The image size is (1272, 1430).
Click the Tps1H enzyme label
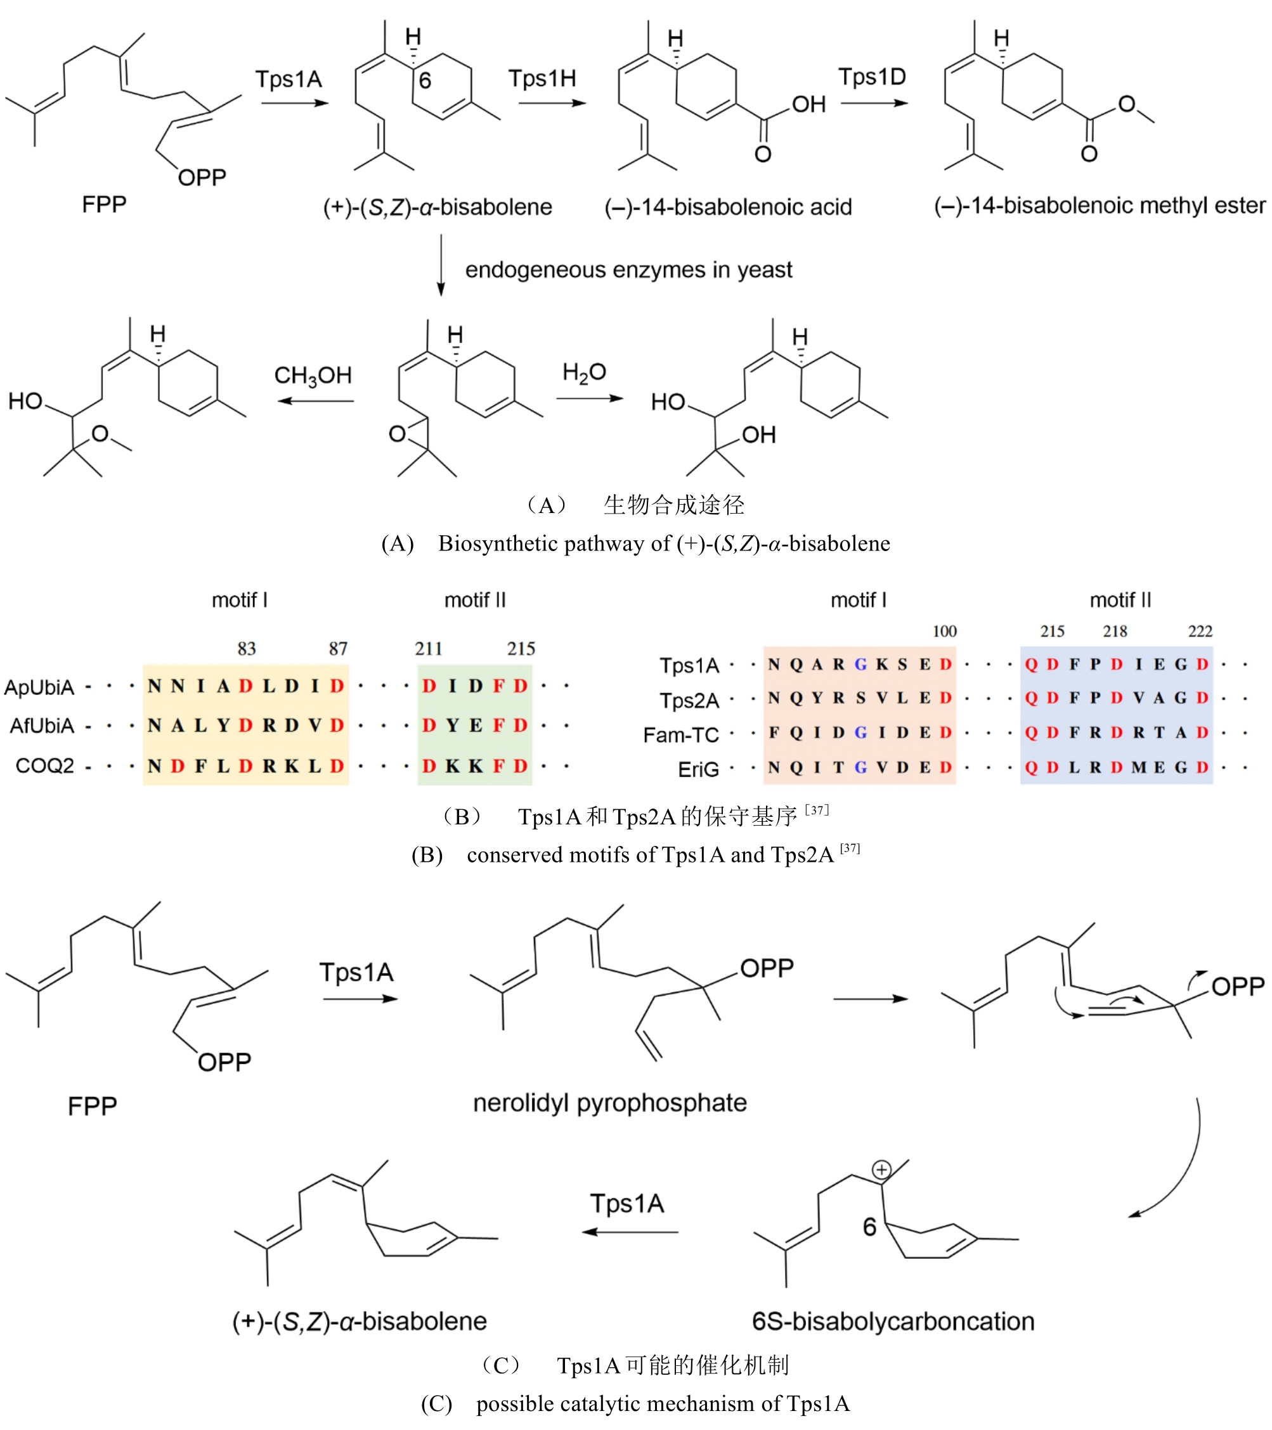point(542,79)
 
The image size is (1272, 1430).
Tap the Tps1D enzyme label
point(872,76)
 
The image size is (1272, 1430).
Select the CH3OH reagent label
point(313,375)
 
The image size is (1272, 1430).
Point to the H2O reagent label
point(584,372)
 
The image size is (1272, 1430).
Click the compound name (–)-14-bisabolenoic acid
point(729,207)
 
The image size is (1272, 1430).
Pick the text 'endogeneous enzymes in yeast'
point(628,270)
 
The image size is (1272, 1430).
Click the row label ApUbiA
point(39,687)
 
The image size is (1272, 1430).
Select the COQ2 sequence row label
point(45,765)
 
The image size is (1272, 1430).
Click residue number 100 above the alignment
point(944,631)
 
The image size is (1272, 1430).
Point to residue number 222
point(1200,631)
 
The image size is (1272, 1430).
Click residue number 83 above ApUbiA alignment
point(246,649)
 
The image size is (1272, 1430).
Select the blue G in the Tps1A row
point(860,664)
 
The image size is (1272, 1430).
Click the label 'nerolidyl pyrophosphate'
point(609,1103)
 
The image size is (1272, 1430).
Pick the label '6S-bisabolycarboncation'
point(893,1321)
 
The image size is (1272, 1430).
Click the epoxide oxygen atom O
point(397,434)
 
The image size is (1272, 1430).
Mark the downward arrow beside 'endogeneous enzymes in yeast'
point(441,265)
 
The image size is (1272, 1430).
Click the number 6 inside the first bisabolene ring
point(425,81)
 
